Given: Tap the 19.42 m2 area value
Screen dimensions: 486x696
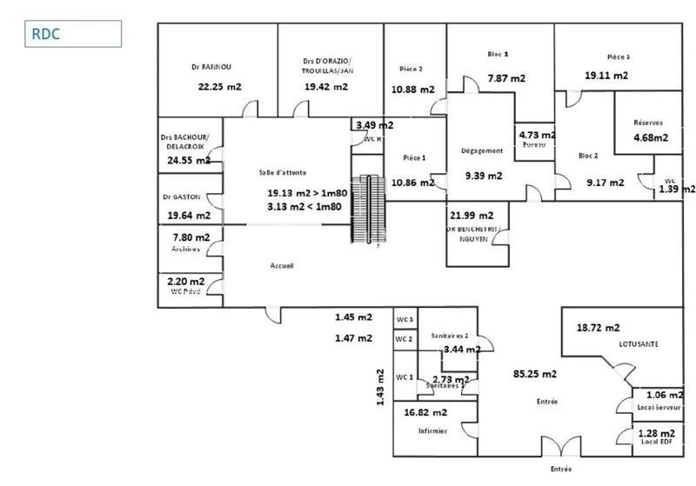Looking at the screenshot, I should click(326, 86).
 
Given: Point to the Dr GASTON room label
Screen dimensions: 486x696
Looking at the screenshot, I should click(181, 196).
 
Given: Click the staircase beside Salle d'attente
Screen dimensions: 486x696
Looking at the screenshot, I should click(371, 210).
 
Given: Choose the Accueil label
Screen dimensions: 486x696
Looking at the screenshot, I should click(282, 266).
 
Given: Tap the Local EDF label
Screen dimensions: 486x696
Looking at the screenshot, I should click(656, 443).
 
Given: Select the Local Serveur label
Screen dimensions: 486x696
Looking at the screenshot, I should click(657, 408).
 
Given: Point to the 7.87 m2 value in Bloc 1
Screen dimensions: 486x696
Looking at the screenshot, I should click(505, 78).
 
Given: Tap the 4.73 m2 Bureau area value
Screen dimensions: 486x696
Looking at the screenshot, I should click(537, 136).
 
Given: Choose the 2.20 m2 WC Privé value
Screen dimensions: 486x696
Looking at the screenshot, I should click(186, 282).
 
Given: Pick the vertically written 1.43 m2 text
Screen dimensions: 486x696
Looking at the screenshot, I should click(379, 388).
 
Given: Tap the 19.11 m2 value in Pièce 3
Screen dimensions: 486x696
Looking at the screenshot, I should click(606, 76).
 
